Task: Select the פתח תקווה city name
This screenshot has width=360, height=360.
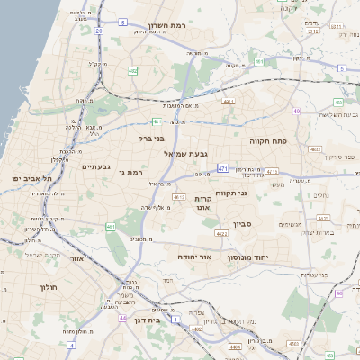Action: (267, 140)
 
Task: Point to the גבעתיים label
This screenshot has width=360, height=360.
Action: (95, 166)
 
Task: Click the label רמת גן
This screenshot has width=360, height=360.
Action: (131, 172)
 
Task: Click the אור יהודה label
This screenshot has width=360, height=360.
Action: (193, 256)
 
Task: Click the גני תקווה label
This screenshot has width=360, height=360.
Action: (231, 193)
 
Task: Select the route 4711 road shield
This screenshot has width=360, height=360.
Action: (229, 103)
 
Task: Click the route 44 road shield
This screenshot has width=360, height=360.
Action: (122, 317)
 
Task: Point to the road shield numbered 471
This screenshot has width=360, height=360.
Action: (222, 167)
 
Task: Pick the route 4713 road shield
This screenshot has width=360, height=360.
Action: (273, 171)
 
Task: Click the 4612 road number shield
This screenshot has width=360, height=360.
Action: (179, 197)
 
